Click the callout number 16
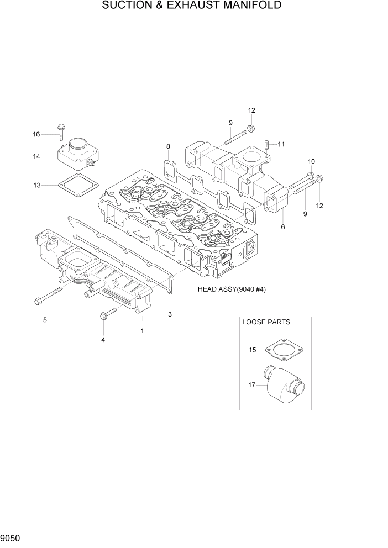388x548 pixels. point(36,134)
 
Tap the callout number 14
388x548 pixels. point(36,156)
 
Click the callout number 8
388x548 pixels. point(169,146)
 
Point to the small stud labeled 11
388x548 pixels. point(266,145)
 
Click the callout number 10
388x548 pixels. point(311,161)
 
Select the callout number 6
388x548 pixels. point(283,226)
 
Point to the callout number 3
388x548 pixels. point(170,314)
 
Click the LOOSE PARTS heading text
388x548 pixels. point(266,322)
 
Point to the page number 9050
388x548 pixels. point(12,538)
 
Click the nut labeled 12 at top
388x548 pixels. point(251,128)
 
